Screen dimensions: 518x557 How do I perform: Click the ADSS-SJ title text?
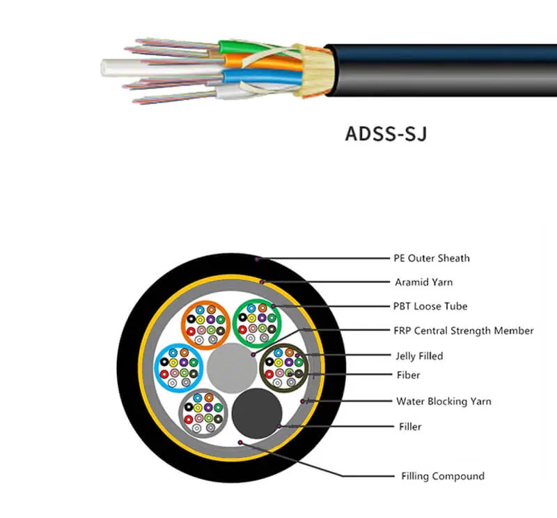coord(385,132)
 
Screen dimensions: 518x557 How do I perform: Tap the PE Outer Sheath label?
coord(432,258)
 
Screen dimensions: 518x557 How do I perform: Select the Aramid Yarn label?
coord(424,282)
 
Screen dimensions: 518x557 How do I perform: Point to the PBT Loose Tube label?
coord(430,306)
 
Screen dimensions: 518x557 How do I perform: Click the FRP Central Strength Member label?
coord(464,330)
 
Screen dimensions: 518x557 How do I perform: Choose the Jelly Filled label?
coord(418,356)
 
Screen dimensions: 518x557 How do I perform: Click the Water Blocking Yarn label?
coord(444,401)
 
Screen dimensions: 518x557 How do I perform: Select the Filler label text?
coord(410,426)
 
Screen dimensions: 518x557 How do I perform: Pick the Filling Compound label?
coord(443,476)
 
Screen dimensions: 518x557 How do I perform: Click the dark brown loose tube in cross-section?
coord(283,367)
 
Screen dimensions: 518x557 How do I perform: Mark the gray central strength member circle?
coord(230,367)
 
